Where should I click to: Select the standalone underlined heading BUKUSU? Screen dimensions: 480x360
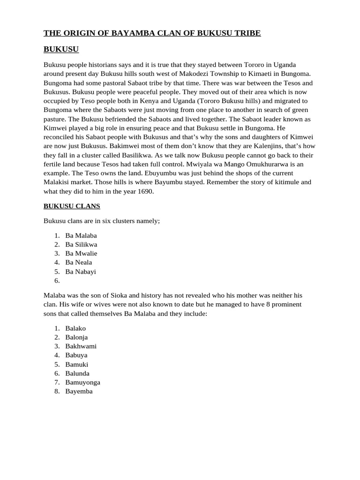61,49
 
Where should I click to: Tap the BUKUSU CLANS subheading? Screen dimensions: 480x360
72,206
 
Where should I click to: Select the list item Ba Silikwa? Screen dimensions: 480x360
81,245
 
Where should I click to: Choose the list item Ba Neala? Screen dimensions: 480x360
79,262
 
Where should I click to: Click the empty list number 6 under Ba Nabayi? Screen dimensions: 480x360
57,281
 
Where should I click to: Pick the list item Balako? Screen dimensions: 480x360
75,329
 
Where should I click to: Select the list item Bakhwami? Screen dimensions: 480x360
81,346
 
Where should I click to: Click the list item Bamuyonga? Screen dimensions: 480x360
82,382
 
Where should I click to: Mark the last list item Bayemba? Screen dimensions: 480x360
79,391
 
